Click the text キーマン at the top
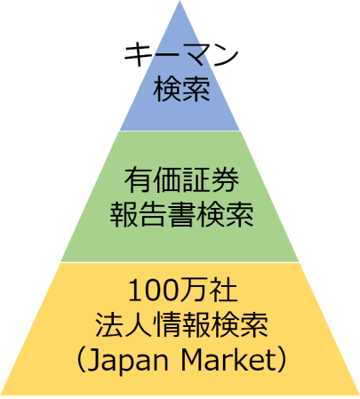(181, 54)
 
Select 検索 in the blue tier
(181, 89)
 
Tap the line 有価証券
(181, 180)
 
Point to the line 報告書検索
(181, 214)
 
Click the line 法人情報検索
(181, 324)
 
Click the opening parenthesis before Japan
(81, 360)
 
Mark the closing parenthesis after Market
(282, 360)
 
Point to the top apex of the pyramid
(180, 1)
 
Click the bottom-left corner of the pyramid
(1, 395)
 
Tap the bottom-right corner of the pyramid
(359, 395)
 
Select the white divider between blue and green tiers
(180, 131)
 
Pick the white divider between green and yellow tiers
(180, 262)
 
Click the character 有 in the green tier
(139, 180)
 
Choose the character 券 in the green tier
(225, 180)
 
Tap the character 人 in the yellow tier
(139, 324)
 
